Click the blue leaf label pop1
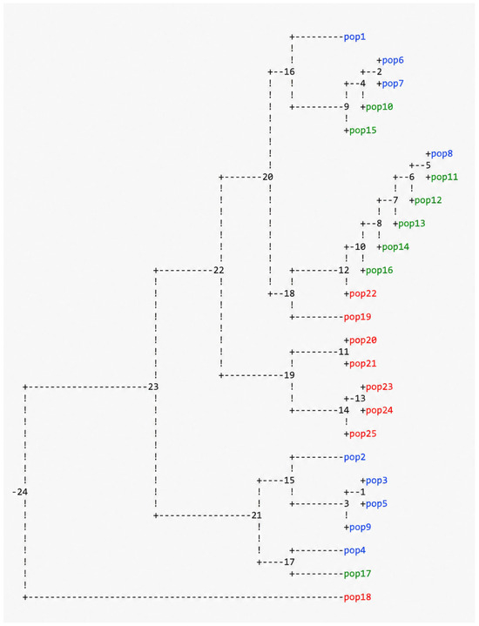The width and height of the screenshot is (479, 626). tap(354, 37)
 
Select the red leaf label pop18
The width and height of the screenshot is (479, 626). tap(358, 597)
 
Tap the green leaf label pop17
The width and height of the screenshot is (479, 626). tap(358, 574)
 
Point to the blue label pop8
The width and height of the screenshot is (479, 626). tap(442, 154)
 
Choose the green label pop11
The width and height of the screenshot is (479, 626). tap(445, 178)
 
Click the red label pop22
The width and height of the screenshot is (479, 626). tap(363, 293)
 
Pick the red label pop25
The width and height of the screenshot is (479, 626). tap(363, 434)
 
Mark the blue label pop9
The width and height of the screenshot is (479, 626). tap(361, 528)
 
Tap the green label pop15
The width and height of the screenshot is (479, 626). tap(363, 131)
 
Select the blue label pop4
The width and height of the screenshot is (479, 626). tap(354, 551)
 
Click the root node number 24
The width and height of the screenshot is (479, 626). tap(23, 492)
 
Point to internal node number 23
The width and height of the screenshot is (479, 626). tap(153, 387)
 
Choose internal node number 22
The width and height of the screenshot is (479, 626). tap(219, 270)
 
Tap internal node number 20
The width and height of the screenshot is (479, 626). tap(267, 177)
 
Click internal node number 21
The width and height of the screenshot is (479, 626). tap(256, 515)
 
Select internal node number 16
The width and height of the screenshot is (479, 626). tap(289, 72)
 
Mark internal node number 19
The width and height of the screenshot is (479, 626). tap(289, 375)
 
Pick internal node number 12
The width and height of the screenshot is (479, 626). tap(344, 270)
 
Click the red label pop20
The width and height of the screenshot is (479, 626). tap(363, 340)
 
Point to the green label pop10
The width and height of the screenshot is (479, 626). tap(380, 107)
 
